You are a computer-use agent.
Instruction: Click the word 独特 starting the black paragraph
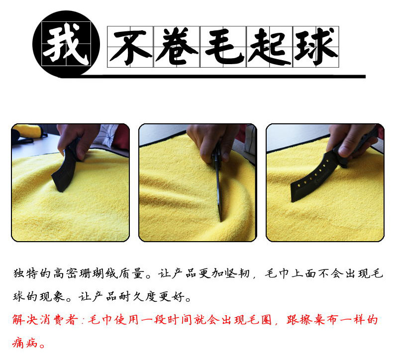tap(25, 274)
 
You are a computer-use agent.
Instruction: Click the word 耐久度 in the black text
tap(140, 297)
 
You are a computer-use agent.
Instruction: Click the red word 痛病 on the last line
tap(25, 344)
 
